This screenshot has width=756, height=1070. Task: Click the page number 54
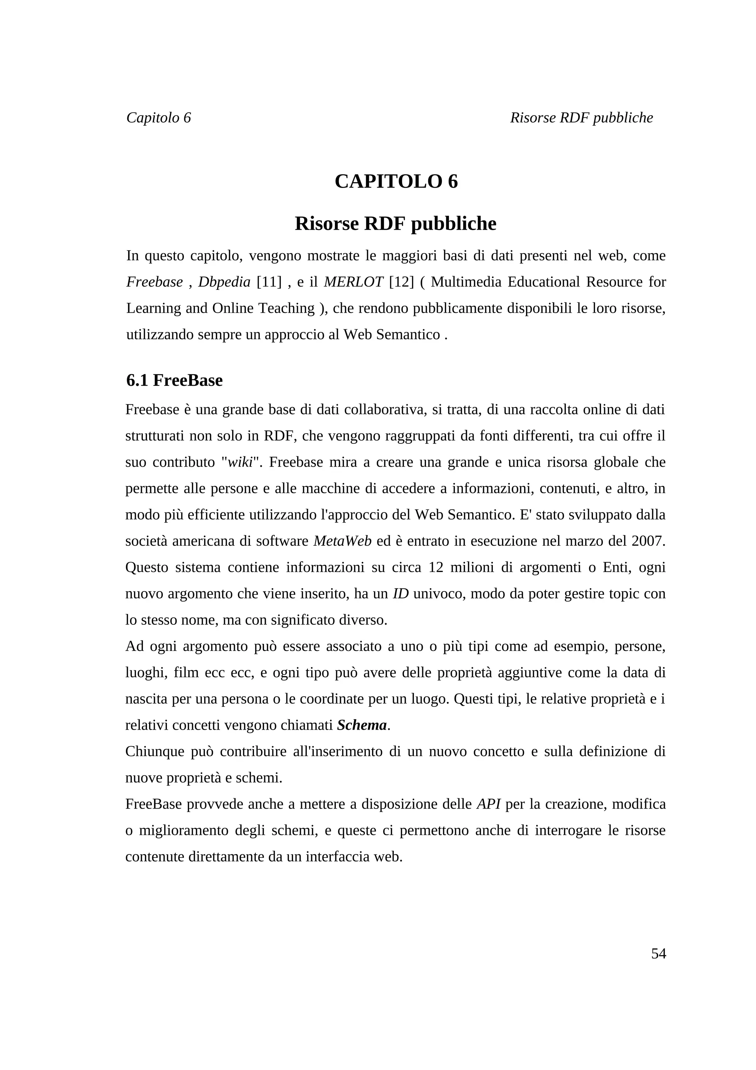coord(658,953)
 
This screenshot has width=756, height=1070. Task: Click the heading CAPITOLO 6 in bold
coord(396,181)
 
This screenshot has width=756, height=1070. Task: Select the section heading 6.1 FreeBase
coord(174,380)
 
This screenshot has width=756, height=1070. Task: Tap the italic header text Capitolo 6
coord(158,117)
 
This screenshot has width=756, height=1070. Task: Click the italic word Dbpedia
coord(224,282)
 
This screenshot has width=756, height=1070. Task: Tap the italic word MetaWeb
coord(342,541)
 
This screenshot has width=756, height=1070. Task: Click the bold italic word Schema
coord(362,725)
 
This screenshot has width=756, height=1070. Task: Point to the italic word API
coord(488,804)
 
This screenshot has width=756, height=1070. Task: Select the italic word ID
coord(401,594)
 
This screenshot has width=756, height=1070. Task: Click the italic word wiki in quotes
coord(240,462)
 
